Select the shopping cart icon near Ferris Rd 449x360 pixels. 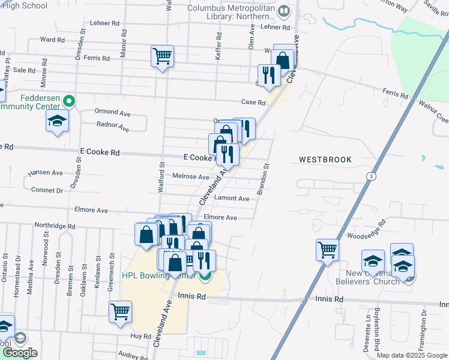pos(163,57)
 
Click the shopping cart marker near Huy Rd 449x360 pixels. pos(120,311)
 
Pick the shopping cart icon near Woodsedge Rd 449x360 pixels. pos(327,249)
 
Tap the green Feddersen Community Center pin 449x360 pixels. pos(70,101)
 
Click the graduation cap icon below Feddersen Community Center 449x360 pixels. pos(57,121)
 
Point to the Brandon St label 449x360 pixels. pos(264,179)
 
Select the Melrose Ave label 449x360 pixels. pos(190,177)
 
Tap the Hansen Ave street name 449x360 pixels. pos(45,173)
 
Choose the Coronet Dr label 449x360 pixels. pos(51,190)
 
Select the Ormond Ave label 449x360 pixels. pos(113,112)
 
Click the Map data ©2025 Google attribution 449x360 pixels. pos(412,355)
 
